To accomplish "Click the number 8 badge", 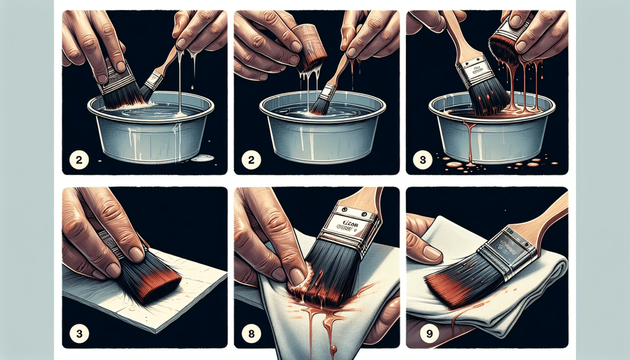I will coord(251,334).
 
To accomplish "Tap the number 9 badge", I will coord(429,334).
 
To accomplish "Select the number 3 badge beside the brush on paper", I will coord(79,334).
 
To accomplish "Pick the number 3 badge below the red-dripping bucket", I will coord(422,159).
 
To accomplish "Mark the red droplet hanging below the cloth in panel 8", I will coord(333,350).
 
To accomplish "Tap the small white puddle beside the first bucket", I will coord(203,158).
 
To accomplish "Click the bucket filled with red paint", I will coord(492,131).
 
